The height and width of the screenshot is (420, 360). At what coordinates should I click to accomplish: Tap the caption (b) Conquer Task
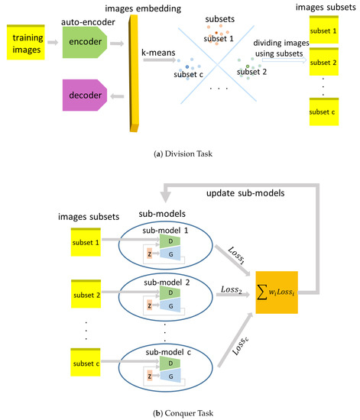point(180,412)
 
